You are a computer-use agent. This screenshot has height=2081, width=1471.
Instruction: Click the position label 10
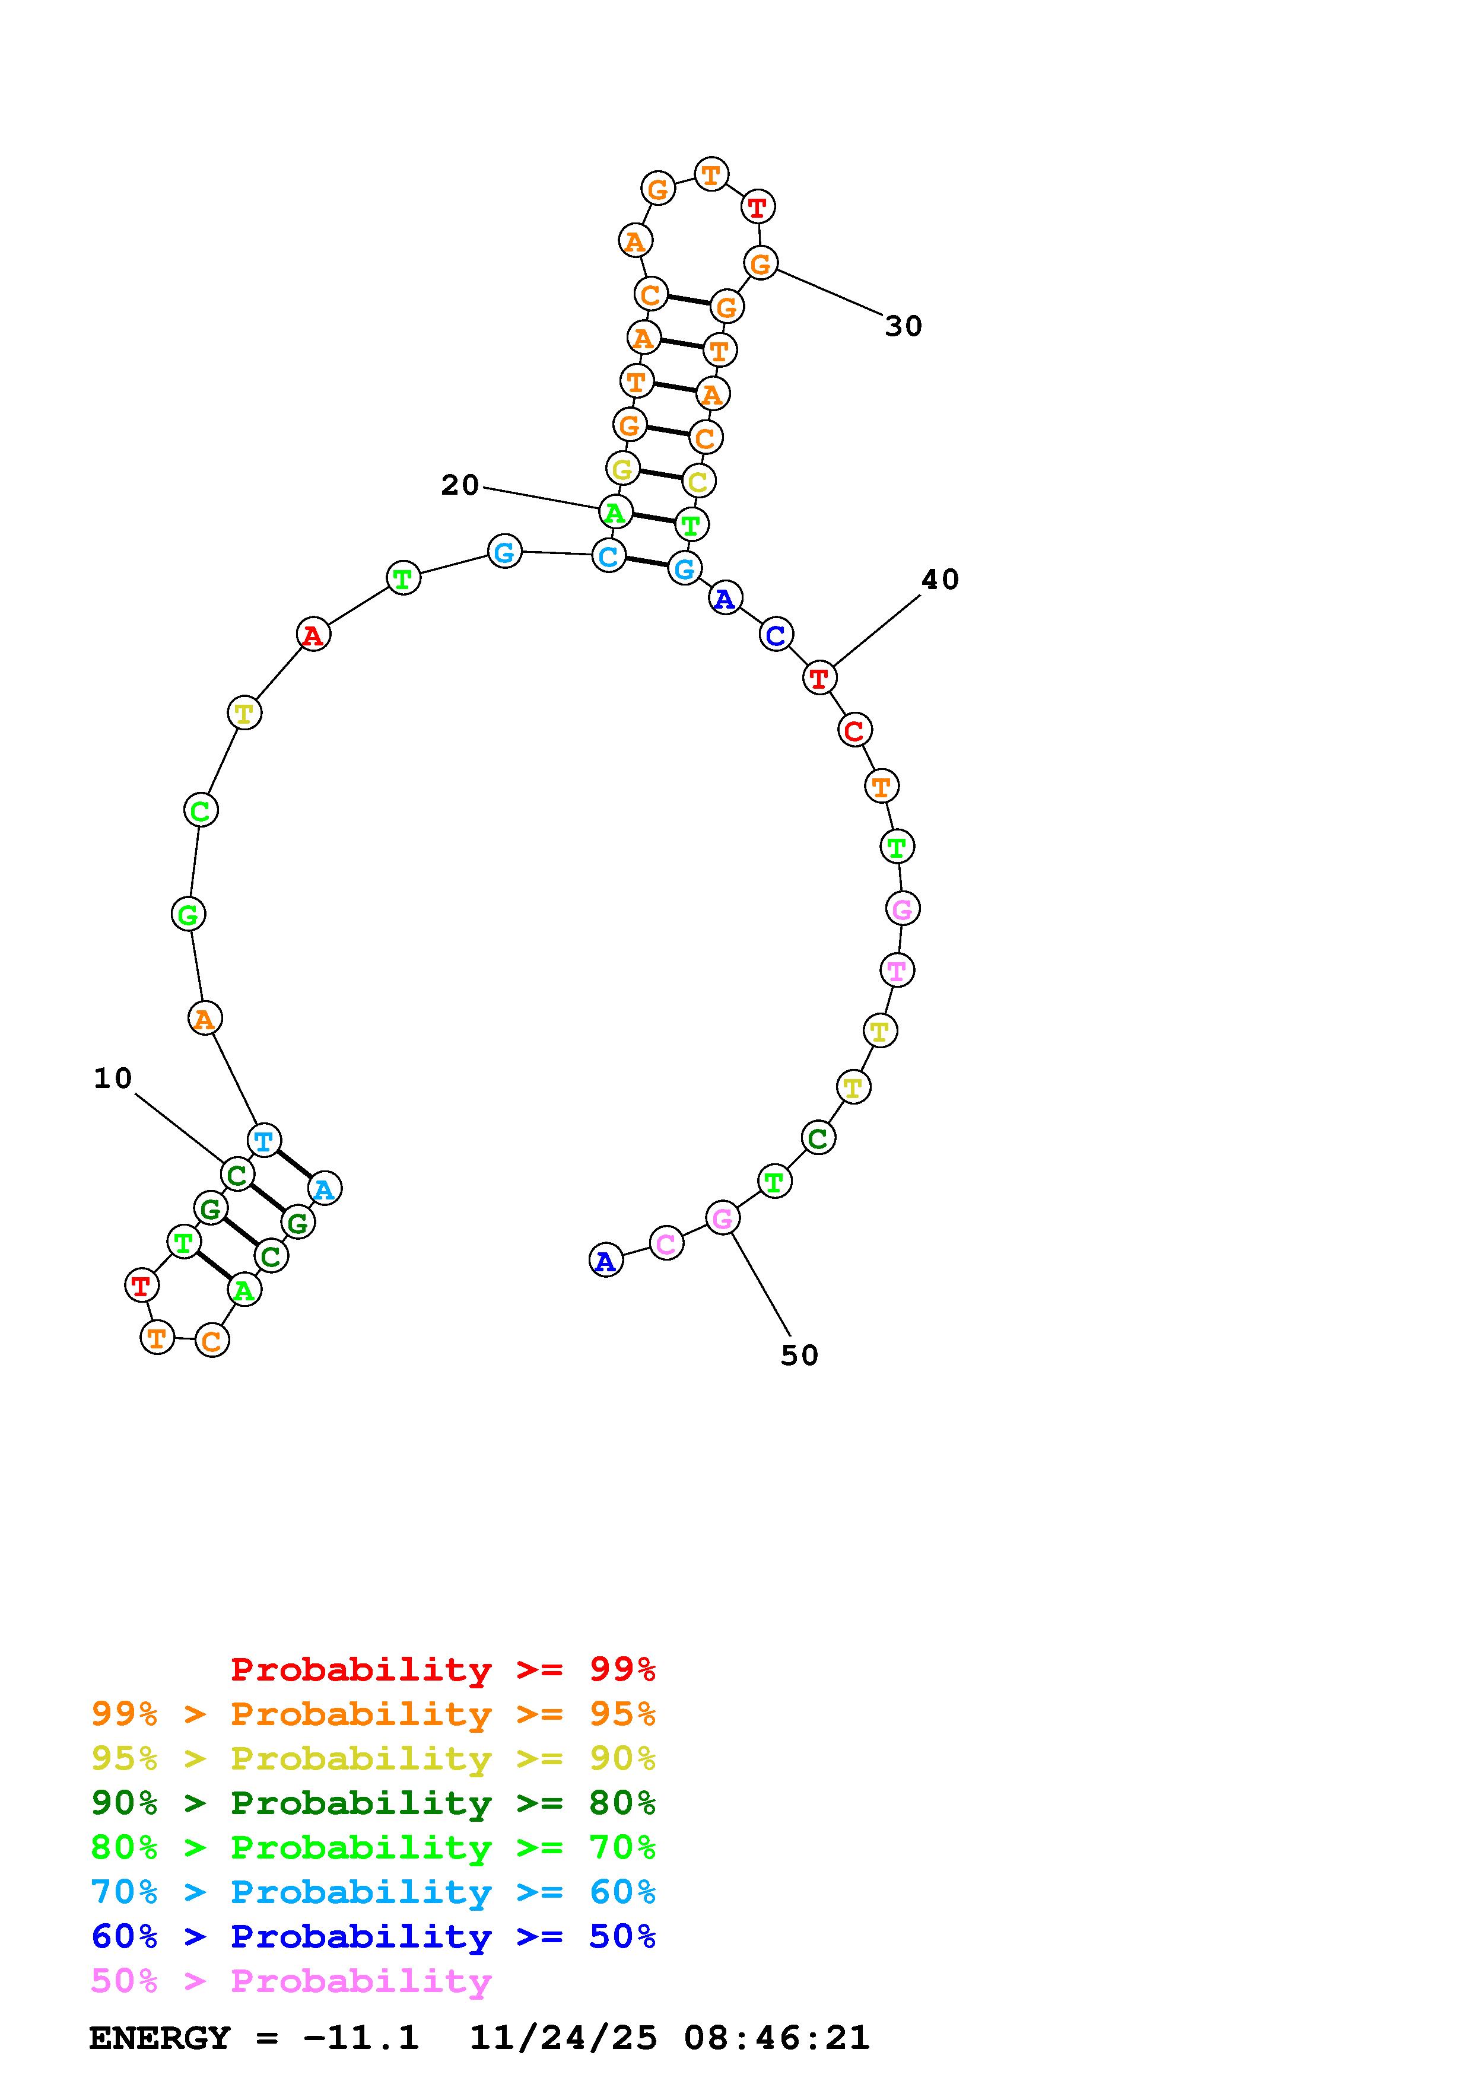pyautogui.click(x=113, y=1078)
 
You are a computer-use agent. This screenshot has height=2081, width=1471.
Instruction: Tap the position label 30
pyautogui.click(x=904, y=326)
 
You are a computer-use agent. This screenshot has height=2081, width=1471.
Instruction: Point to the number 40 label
pyautogui.click(x=940, y=580)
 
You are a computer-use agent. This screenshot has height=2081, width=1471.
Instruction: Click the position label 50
pyautogui.click(x=799, y=1356)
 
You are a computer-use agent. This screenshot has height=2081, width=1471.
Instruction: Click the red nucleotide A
pyautogui.click(x=313, y=635)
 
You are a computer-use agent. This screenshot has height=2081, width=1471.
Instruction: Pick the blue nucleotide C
pyautogui.click(x=776, y=635)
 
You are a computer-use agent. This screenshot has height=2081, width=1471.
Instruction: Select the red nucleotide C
pyautogui.click(x=854, y=730)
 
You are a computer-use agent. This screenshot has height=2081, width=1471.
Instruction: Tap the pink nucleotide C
pyautogui.click(x=666, y=1243)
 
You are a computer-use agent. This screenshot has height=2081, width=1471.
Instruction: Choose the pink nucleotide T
pyautogui.click(x=897, y=970)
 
